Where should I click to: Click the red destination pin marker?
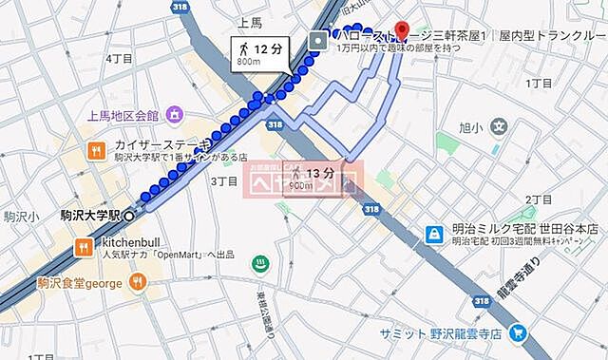click(x=401, y=29)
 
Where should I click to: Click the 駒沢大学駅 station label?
click(x=91, y=217)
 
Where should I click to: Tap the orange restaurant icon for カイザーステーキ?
click(x=97, y=150)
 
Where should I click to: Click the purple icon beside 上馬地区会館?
click(x=175, y=116)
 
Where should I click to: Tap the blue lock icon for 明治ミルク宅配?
click(x=433, y=233)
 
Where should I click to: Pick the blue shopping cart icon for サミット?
click(x=518, y=333)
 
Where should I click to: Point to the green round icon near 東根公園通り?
click(x=258, y=264)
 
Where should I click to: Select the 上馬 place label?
click(x=249, y=23)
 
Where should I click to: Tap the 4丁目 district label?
click(x=119, y=58)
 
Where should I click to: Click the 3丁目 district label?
click(x=222, y=180)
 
